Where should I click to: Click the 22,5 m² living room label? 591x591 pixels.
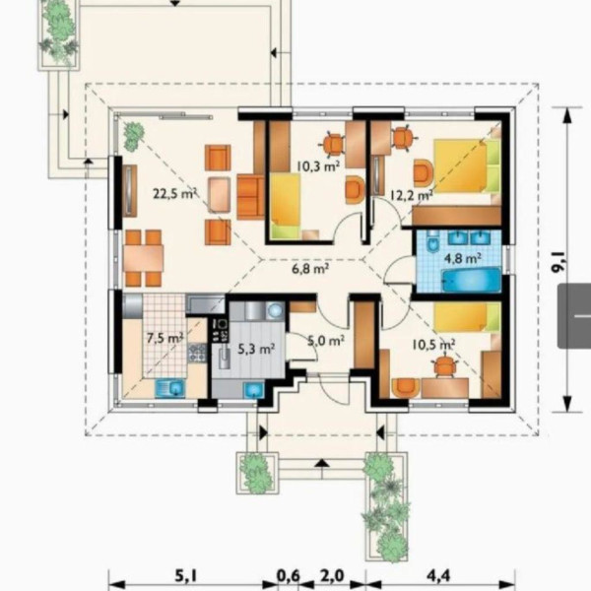(175, 193)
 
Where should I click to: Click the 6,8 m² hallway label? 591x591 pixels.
(308, 266)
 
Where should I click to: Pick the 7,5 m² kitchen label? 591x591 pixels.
(164, 338)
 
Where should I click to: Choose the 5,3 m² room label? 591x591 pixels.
(255, 347)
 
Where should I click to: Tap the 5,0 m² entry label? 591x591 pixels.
(325, 341)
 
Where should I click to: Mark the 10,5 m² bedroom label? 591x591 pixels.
(433, 344)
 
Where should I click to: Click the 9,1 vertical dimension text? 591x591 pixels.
(558, 260)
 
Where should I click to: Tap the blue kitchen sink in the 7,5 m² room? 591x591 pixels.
(170, 388)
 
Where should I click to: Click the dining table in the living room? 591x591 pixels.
(143, 258)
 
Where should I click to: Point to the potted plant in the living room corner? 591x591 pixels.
(132, 131)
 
